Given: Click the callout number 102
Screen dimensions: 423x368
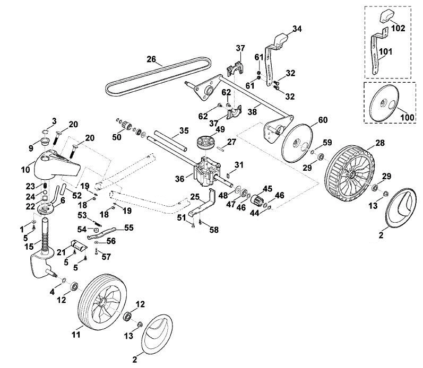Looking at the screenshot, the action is (x=398, y=28).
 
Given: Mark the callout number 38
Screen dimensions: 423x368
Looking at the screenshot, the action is (x=252, y=111).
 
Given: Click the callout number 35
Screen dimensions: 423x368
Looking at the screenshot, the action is (x=184, y=131).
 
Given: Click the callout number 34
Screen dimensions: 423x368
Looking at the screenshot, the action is (x=297, y=29).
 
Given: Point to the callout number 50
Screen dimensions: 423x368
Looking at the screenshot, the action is (x=117, y=137).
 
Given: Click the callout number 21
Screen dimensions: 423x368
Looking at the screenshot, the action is (x=61, y=252).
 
